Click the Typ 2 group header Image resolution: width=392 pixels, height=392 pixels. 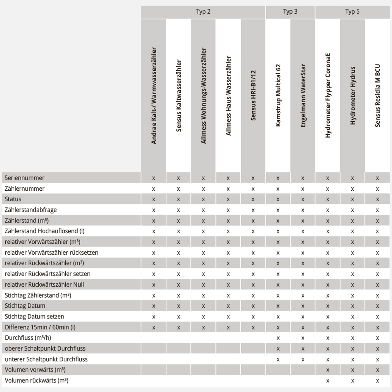[x=203, y=12]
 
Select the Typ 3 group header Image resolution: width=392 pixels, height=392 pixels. [x=290, y=12]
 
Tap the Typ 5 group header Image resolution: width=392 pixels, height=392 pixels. [x=352, y=12]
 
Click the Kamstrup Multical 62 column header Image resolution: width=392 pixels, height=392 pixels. [x=278, y=95]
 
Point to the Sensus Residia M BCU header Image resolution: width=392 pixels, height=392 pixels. [x=378, y=95]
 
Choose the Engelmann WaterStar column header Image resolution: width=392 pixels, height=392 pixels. [x=303, y=95]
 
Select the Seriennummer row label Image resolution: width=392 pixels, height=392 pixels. [x=24, y=178]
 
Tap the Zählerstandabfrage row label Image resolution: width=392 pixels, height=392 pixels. [x=31, y=210]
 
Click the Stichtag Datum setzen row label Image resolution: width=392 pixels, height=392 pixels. [x=34, y=316]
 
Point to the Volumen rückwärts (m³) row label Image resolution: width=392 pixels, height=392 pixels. [x=36, y=380]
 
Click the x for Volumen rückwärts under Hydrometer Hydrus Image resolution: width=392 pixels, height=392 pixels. [x=352, y=380]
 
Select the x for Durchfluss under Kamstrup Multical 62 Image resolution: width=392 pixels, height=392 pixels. [x=278, y=337]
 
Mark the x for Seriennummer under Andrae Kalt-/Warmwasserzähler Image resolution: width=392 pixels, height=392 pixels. [x=153, y=178]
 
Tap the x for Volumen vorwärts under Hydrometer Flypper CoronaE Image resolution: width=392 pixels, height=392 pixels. [x=327, y=370]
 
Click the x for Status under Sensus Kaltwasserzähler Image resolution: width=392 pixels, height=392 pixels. [x=178, y=199]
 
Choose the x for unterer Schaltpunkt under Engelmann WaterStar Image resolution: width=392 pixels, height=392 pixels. [x=303, y=359]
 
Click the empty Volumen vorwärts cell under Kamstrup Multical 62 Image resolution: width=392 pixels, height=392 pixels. [x=278, y=370]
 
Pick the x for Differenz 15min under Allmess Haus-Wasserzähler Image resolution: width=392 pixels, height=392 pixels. [x=228, y=327]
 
